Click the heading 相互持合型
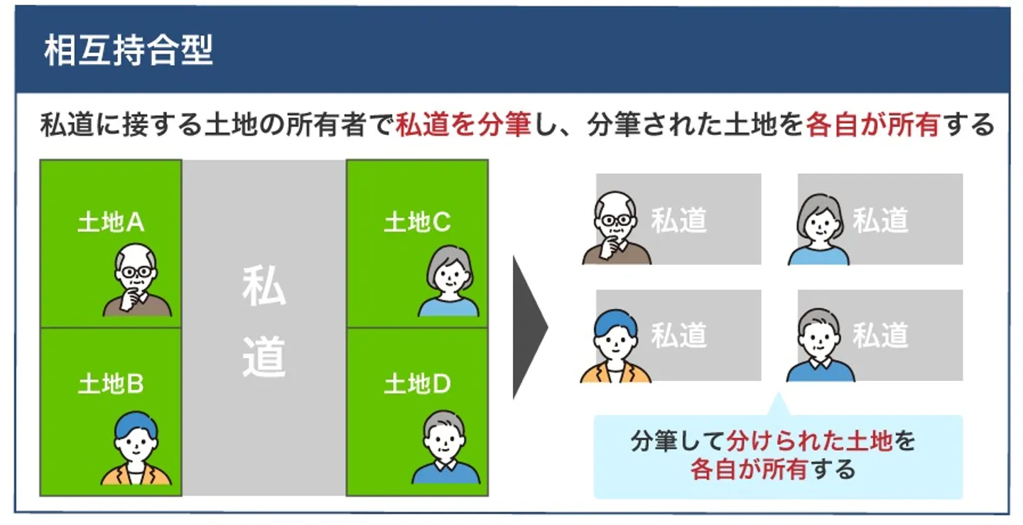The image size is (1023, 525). (128, 51)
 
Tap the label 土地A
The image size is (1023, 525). (111, 223)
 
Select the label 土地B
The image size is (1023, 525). (111, 384)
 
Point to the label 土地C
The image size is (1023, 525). (417, 223)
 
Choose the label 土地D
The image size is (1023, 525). (417, 384)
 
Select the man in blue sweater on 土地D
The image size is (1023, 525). (445, 448)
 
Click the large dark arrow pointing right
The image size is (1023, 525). (529, 328)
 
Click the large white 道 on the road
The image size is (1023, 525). (264, 357)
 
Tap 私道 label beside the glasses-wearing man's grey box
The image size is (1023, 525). (679, 220)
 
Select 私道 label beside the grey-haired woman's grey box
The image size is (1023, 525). (880, 220)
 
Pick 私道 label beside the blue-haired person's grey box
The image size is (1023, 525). (679, 335)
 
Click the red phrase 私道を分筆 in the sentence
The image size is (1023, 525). (463, 126)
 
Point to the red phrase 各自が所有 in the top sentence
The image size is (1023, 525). (873, 126)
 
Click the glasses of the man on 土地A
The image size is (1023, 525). (136, 272)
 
